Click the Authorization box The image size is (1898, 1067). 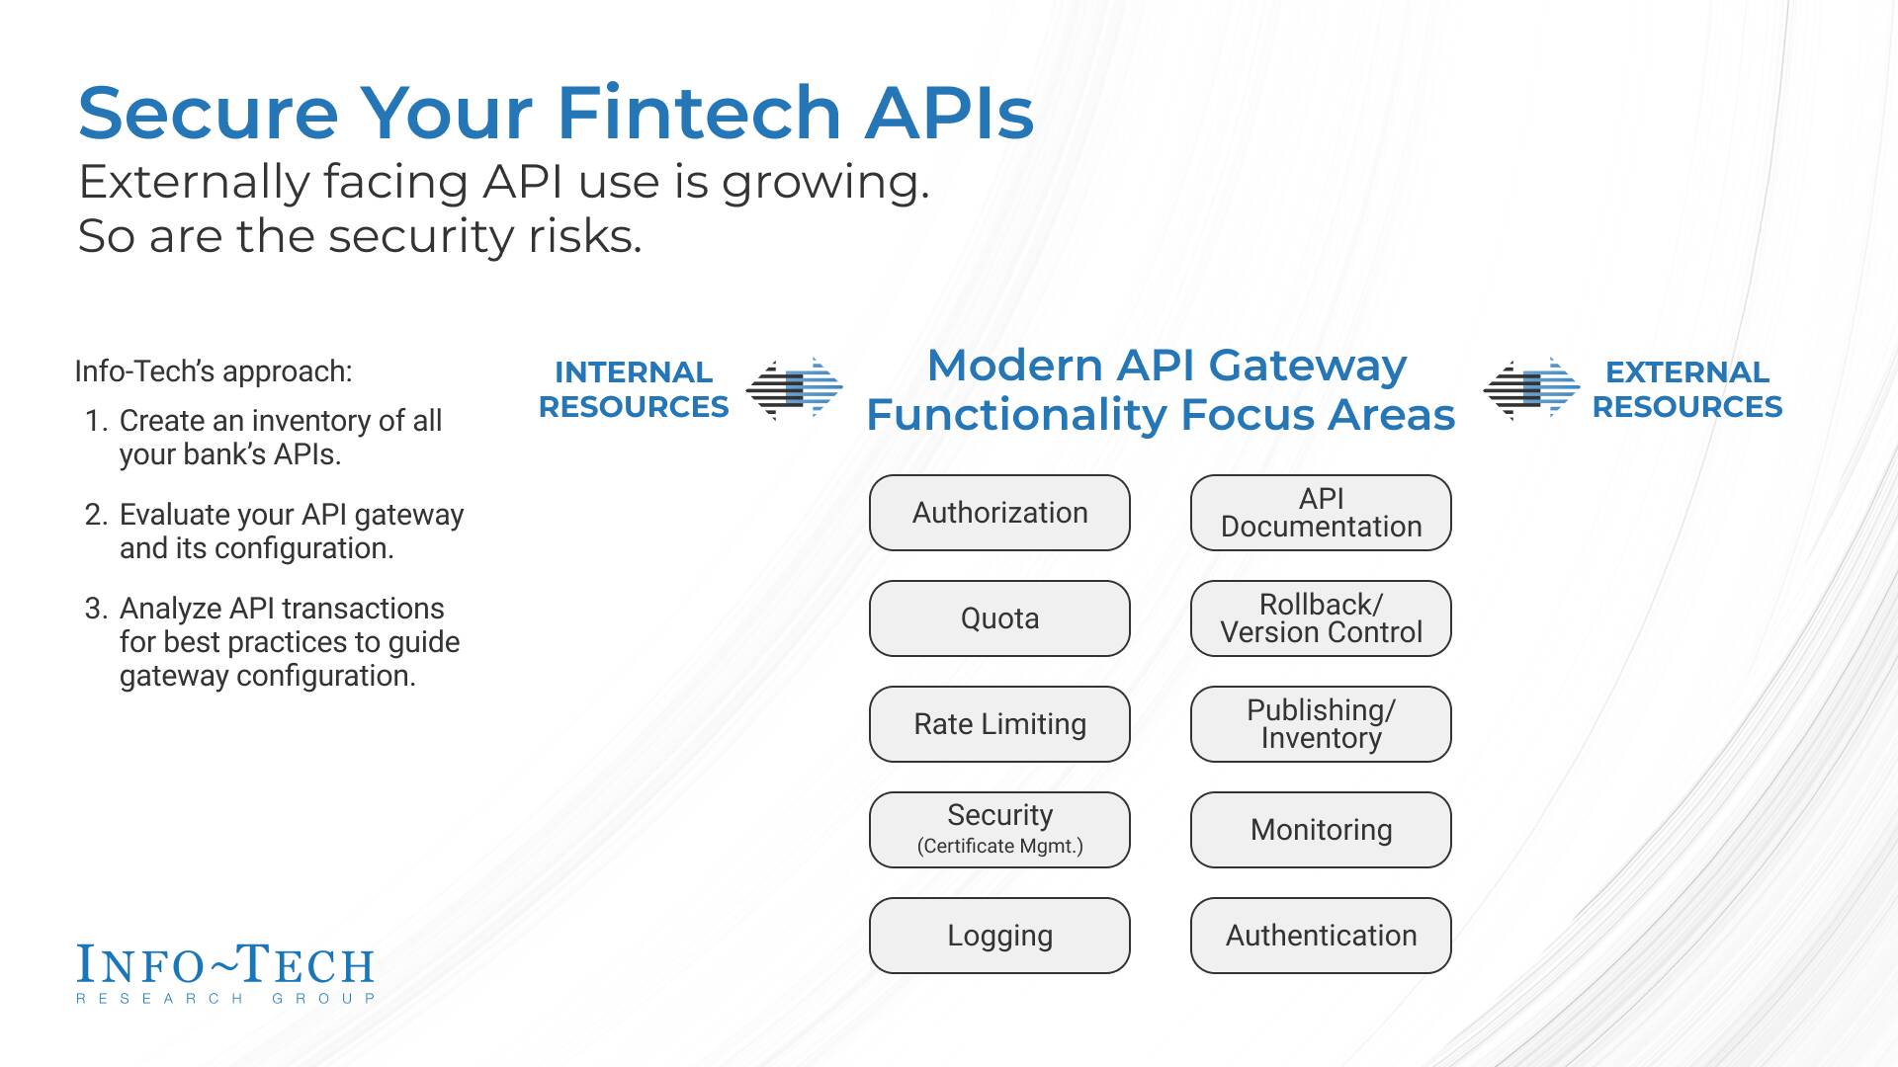999,513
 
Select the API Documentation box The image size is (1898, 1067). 1321,513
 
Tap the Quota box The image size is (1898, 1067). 999,618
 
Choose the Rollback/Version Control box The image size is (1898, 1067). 1321,618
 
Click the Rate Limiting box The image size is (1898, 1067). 999,724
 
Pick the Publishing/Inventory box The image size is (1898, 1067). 1321,724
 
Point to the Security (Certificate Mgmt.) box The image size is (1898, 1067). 999,830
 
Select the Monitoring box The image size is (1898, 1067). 1321,830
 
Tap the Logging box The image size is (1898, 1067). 999,936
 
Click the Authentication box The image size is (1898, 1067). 1321,936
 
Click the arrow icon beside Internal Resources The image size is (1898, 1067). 794,389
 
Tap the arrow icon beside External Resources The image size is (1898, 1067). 1531,389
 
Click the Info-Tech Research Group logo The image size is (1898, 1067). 225,974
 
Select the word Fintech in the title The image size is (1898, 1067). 699,113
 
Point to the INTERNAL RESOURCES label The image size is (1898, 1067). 634,389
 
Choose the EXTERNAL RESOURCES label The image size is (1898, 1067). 1686,389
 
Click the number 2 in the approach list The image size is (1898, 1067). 95,515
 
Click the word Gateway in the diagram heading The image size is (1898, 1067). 1307,366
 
